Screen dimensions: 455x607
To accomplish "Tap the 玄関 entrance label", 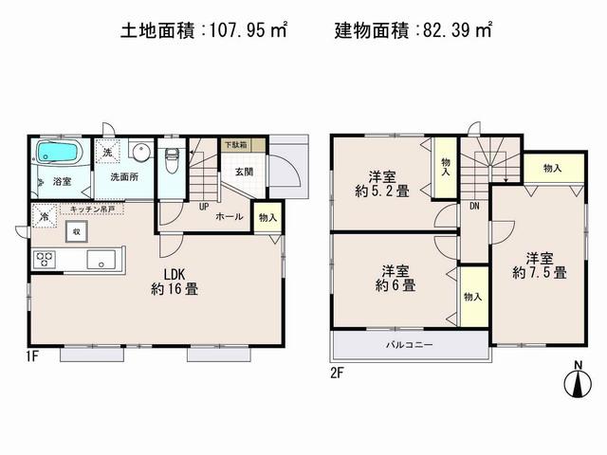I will (243, 171).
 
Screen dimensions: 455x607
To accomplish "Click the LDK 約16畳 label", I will (175, 282).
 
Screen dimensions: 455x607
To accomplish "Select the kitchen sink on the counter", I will (101, 258).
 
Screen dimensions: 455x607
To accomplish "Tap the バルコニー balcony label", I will (409, 344).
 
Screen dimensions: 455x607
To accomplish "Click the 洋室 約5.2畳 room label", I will (383, 182).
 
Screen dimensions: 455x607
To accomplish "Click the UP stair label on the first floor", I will (203, 205).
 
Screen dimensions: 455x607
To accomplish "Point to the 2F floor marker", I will (337, 372).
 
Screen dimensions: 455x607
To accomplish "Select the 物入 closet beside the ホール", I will (268, 217).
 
